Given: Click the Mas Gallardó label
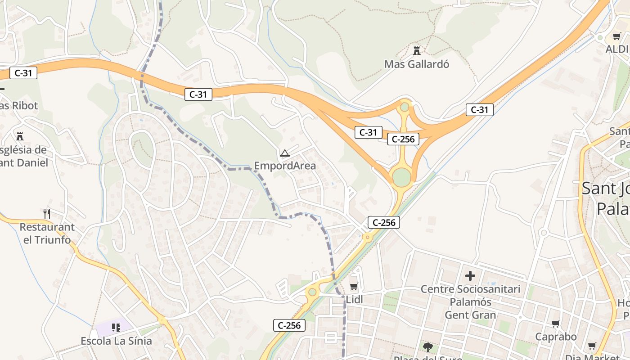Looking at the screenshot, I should (x=417, y=64).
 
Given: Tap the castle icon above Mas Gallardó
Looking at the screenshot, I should (x=417, y=50).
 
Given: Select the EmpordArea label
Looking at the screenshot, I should (x=285, y=166).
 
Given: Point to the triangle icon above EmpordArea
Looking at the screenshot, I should (x=284, y=153).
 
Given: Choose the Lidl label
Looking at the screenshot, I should (x=355, y=300).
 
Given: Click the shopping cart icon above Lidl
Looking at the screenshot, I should (x=354, y=286).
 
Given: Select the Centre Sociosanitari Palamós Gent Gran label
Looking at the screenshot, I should (x=470, y=302).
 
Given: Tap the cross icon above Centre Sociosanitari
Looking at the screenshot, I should (x=470, y=275).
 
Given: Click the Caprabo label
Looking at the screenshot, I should (x=556, y=337).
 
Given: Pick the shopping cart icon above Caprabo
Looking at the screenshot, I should (x=556, y=324).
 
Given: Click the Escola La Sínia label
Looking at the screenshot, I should (x=116, y=341).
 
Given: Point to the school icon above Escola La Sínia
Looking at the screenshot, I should (x=116, y=327).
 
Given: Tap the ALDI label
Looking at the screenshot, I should (x=617, y=49).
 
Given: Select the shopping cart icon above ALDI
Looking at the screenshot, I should (x=616, y=36).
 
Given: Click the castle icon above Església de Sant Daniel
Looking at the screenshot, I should (x=20, y=136).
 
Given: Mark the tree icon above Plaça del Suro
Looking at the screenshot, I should (x=427, y=347).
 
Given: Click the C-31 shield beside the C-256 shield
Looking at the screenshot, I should (x=368, y=132).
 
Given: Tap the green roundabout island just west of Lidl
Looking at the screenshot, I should (x=312, y=292).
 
